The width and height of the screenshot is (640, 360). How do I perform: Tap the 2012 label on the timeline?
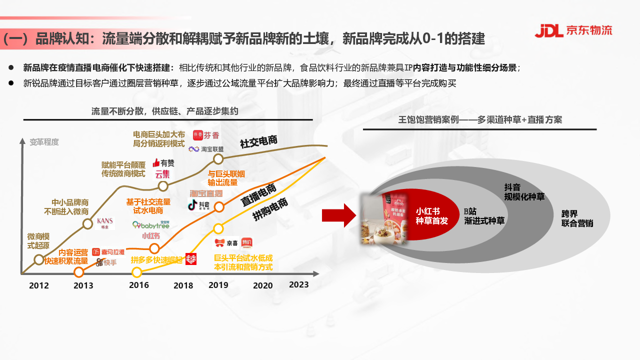tap(39, 285)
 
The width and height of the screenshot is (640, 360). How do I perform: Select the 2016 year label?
tap(138, 285)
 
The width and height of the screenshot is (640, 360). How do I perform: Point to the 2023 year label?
tap(299, 284)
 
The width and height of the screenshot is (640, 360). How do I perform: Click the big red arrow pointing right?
tap(338, 215)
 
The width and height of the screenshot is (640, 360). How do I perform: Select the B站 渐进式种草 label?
tap(484, 215)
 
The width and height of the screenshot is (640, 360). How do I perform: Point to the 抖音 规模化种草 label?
tap(524, 192)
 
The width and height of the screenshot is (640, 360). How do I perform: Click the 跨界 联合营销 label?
tap(577, 218)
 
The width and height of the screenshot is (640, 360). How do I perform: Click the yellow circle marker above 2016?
tap(137, 272)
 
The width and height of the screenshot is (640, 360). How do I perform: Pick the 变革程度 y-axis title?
tap(44, 142)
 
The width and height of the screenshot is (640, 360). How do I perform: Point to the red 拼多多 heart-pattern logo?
tap(191, 259)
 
